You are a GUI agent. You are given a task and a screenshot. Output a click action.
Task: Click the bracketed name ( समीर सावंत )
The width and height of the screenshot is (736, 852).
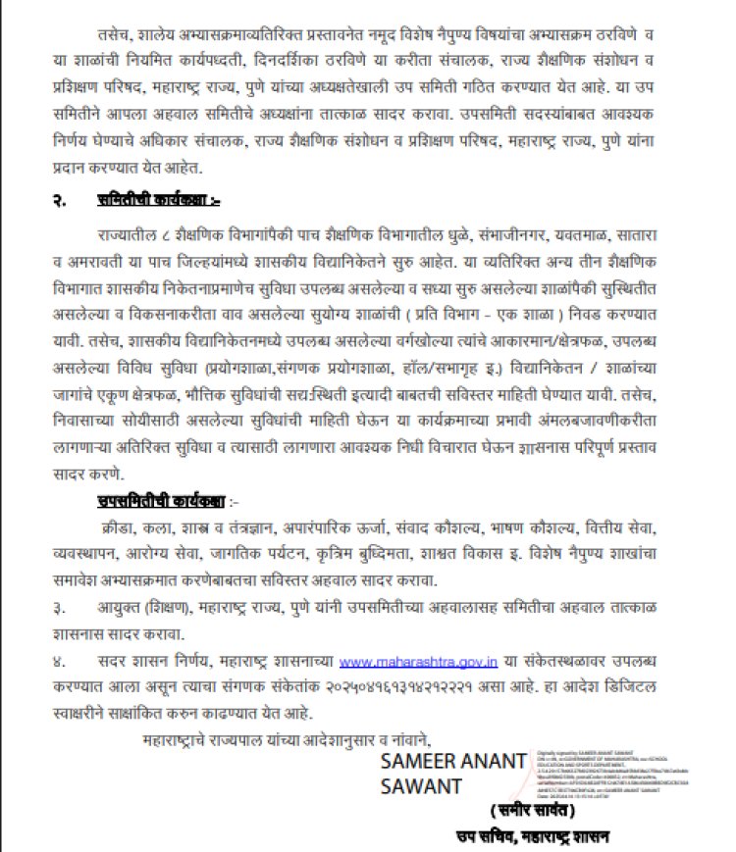click(x=533, y=812)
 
